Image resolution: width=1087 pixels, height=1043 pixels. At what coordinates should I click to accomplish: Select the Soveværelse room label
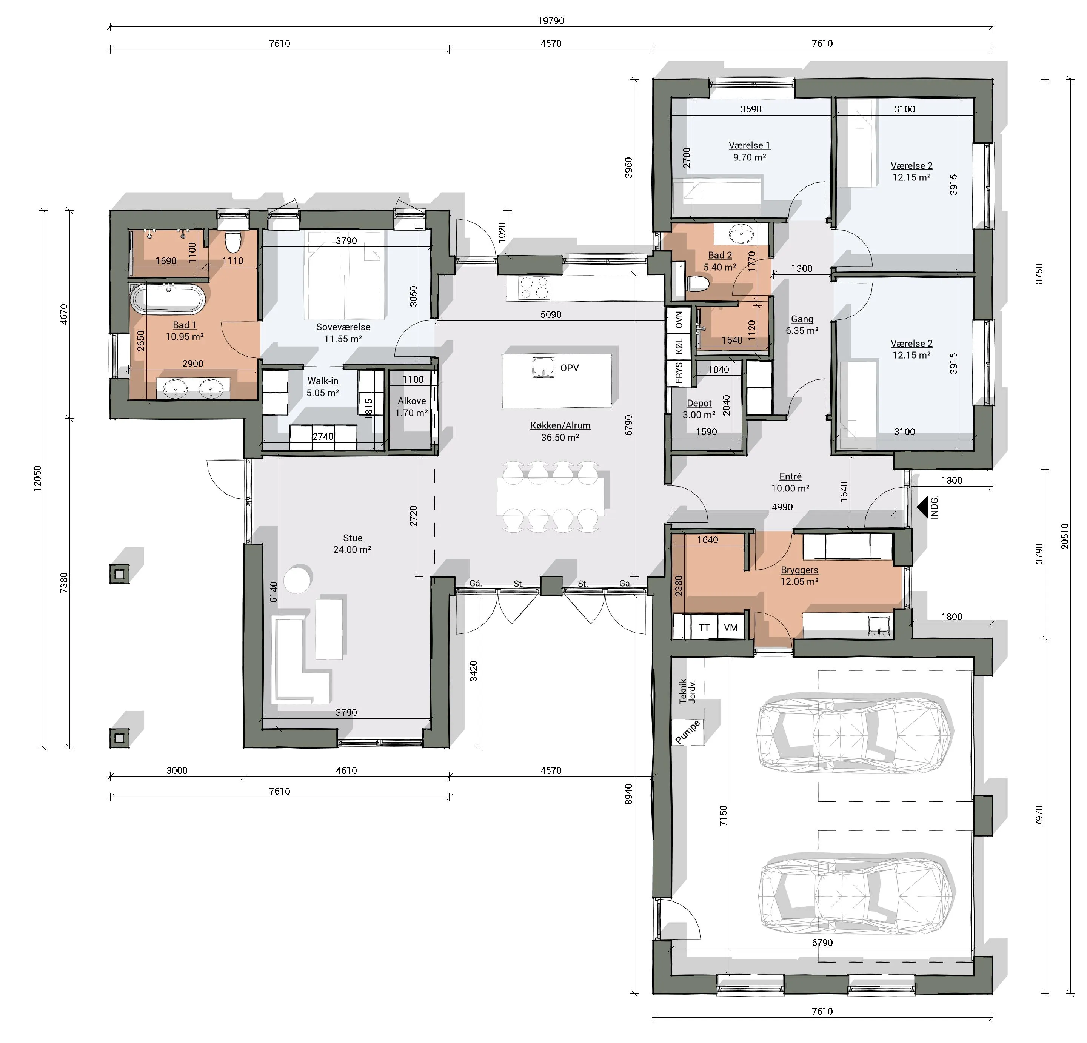pos(343,327)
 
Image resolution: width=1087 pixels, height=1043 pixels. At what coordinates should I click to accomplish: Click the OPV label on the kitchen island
pos(570,368)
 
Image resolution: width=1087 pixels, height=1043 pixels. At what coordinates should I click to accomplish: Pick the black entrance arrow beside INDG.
pos(923,507)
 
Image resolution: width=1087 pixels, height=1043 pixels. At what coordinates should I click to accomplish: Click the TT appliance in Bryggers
pos(704,627)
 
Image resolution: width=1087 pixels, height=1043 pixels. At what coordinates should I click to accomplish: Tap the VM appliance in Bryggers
pos(731,627)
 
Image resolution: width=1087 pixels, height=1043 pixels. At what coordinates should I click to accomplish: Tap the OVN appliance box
pos(679,319)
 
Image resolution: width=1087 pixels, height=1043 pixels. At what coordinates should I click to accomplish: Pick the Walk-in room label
pos(323,381)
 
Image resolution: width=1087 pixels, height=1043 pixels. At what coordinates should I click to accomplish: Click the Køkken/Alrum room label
pos(560,425)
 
